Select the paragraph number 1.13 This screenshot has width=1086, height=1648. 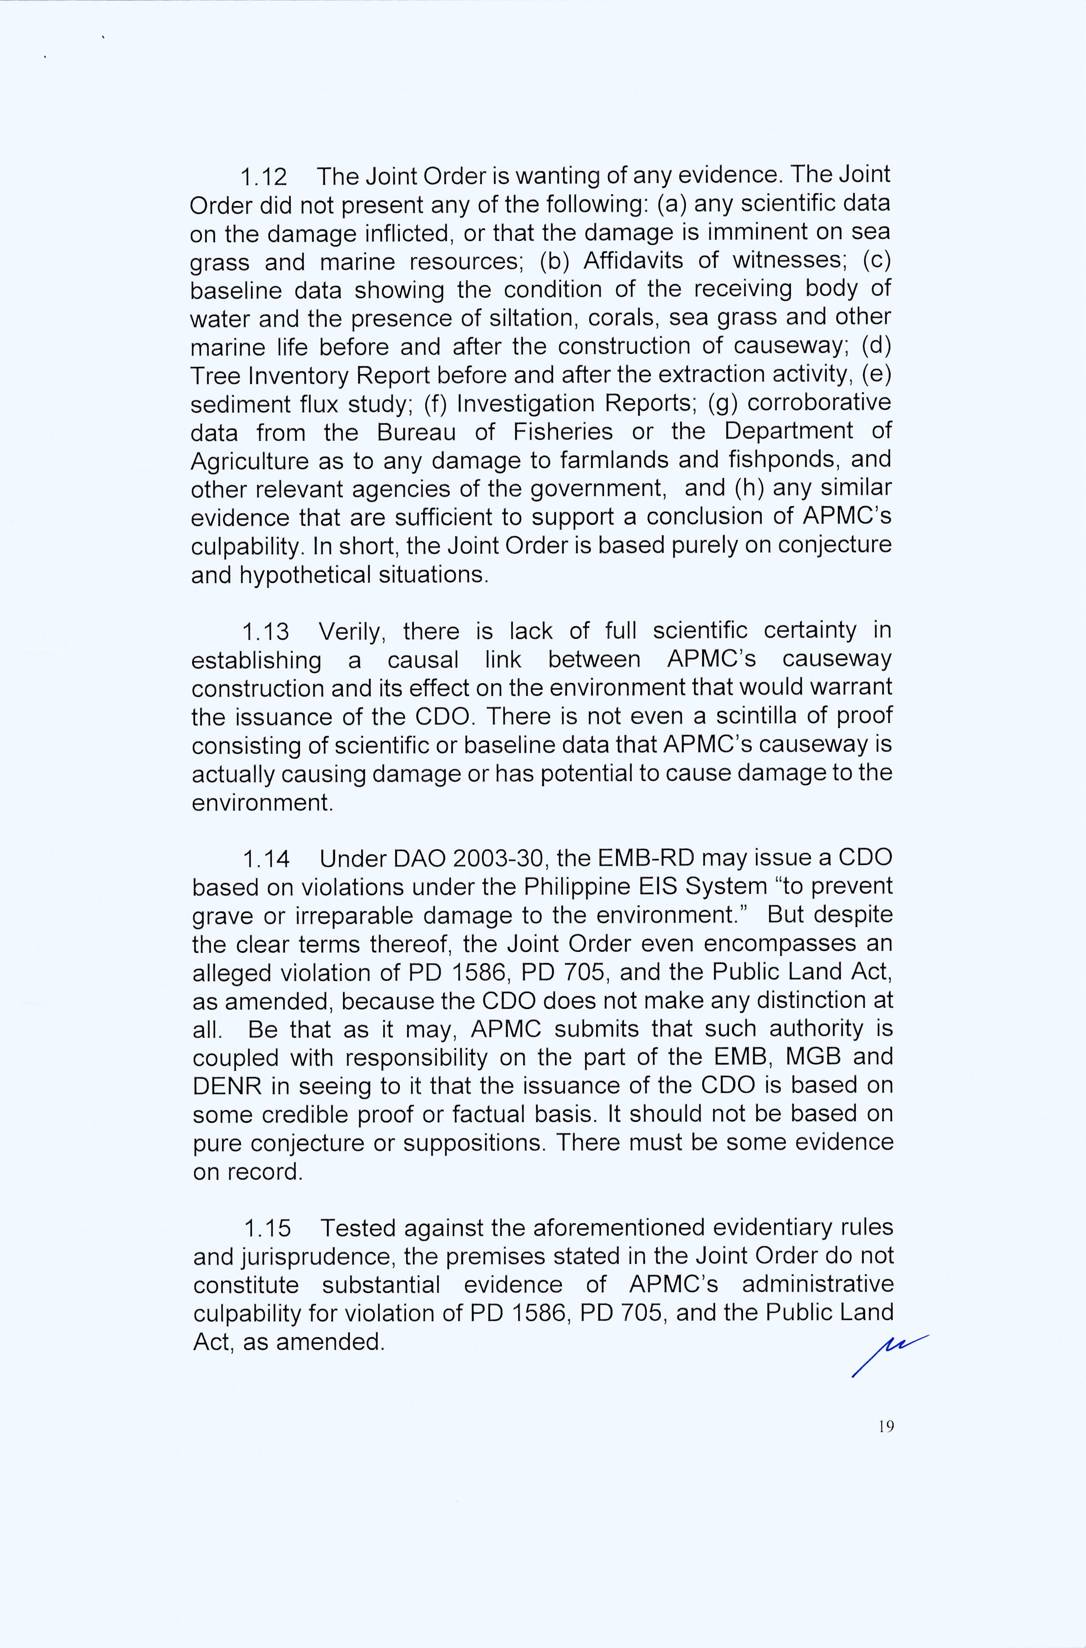tap(265, 632)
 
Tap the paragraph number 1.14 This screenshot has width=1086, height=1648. tap(266, 859)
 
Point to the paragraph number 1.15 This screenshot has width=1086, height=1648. tap(267, 1228)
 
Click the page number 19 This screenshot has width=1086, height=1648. tap(886, 1426)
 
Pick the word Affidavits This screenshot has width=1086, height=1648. tap(633, 261)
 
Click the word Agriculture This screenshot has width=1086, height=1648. tap(249, 461)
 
